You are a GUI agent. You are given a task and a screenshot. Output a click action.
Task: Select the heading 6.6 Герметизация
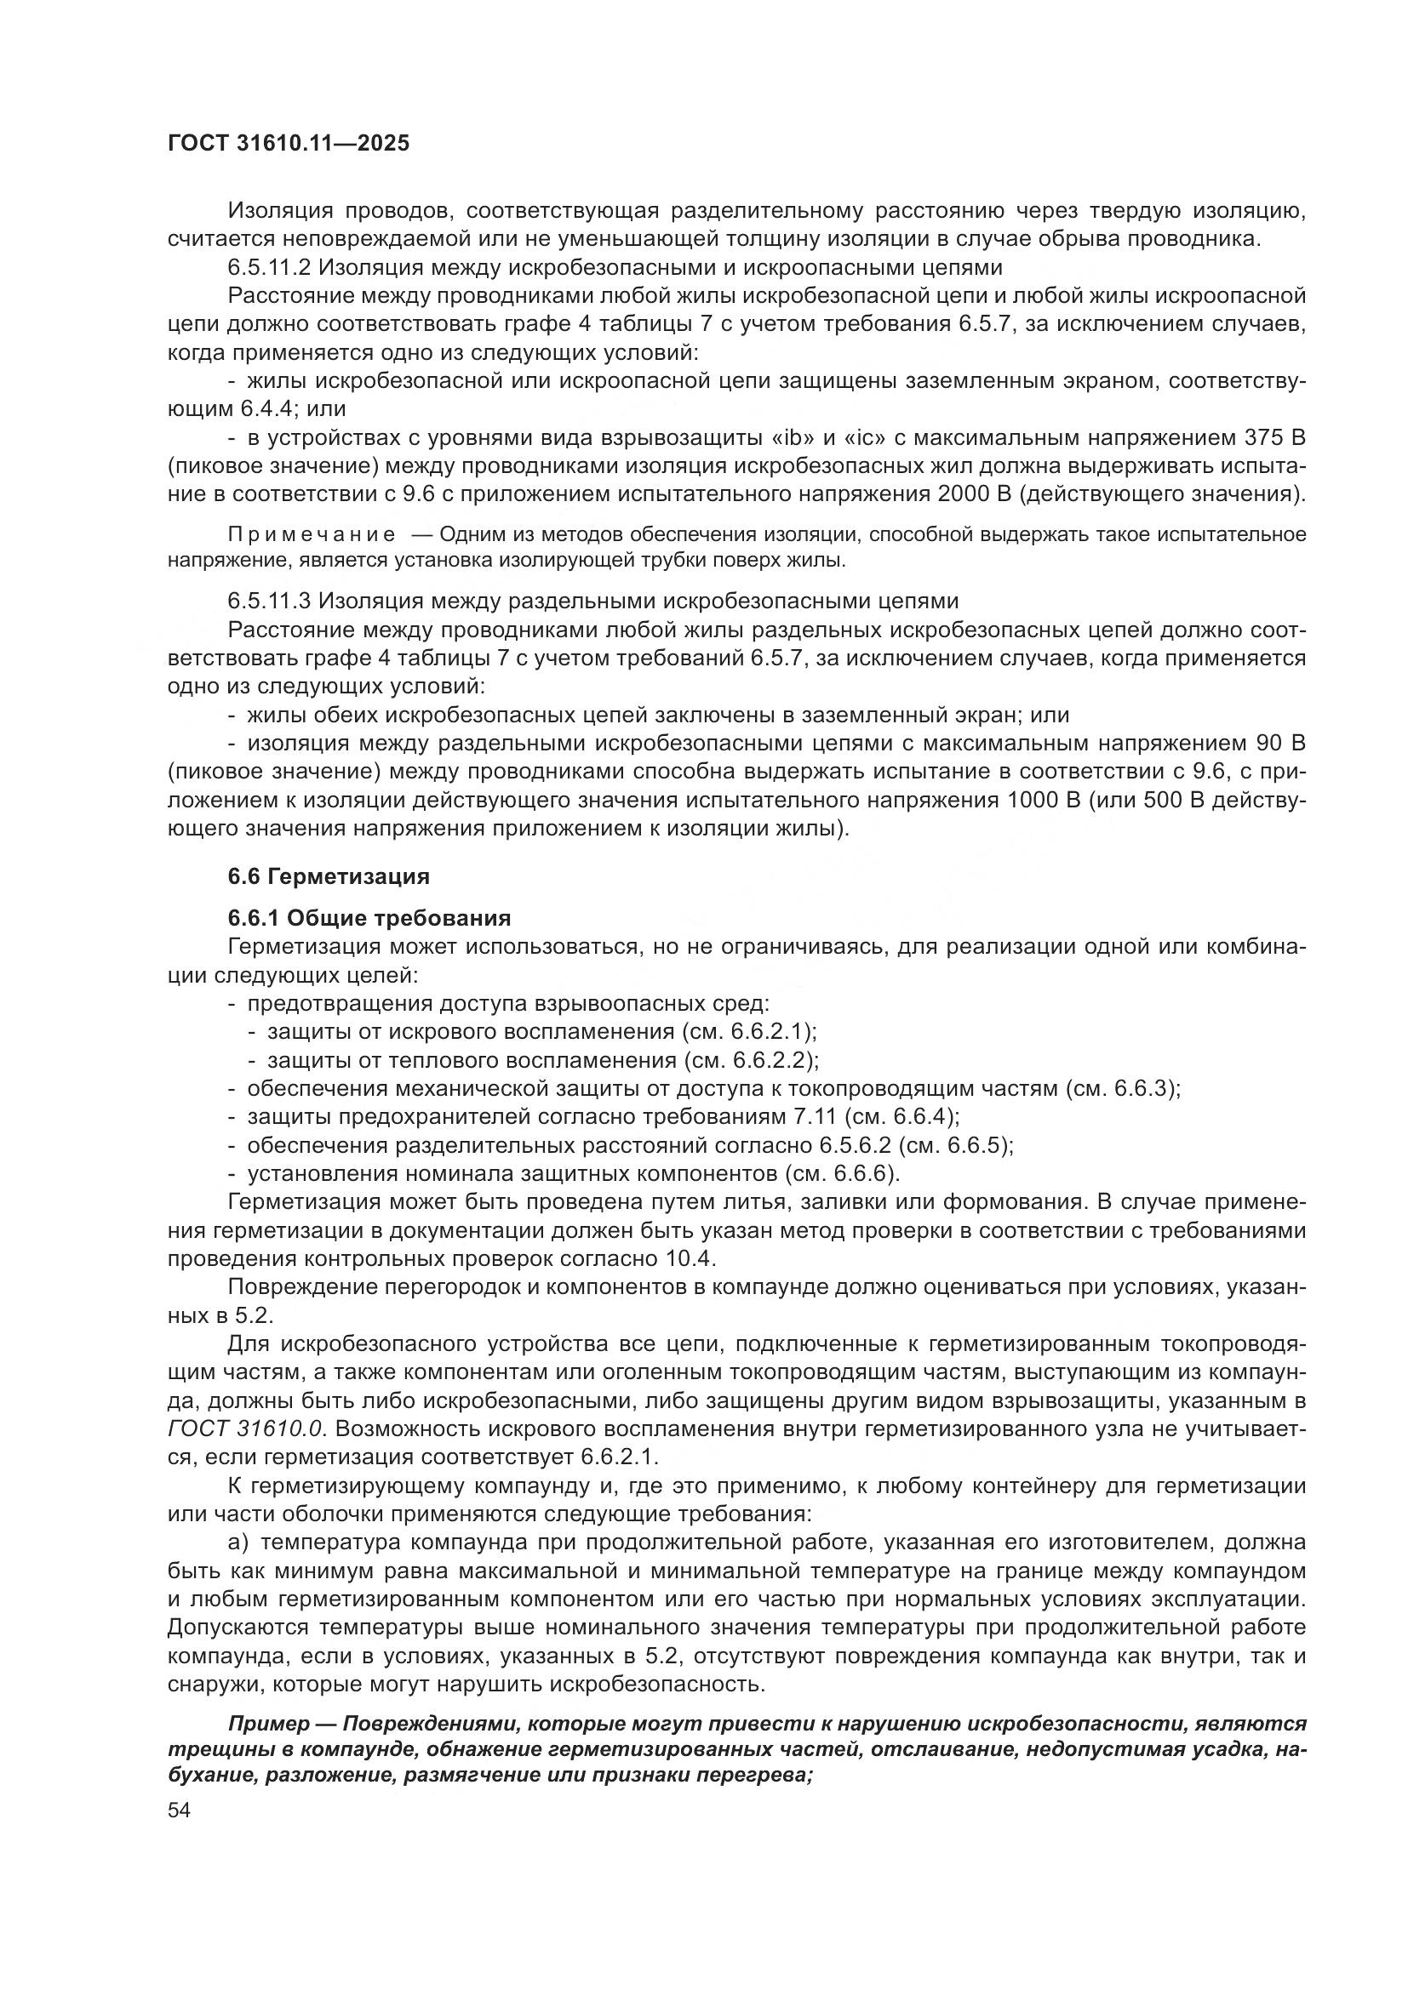click(329, 876)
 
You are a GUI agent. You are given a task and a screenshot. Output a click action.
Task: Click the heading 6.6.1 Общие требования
click(369, 918)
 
